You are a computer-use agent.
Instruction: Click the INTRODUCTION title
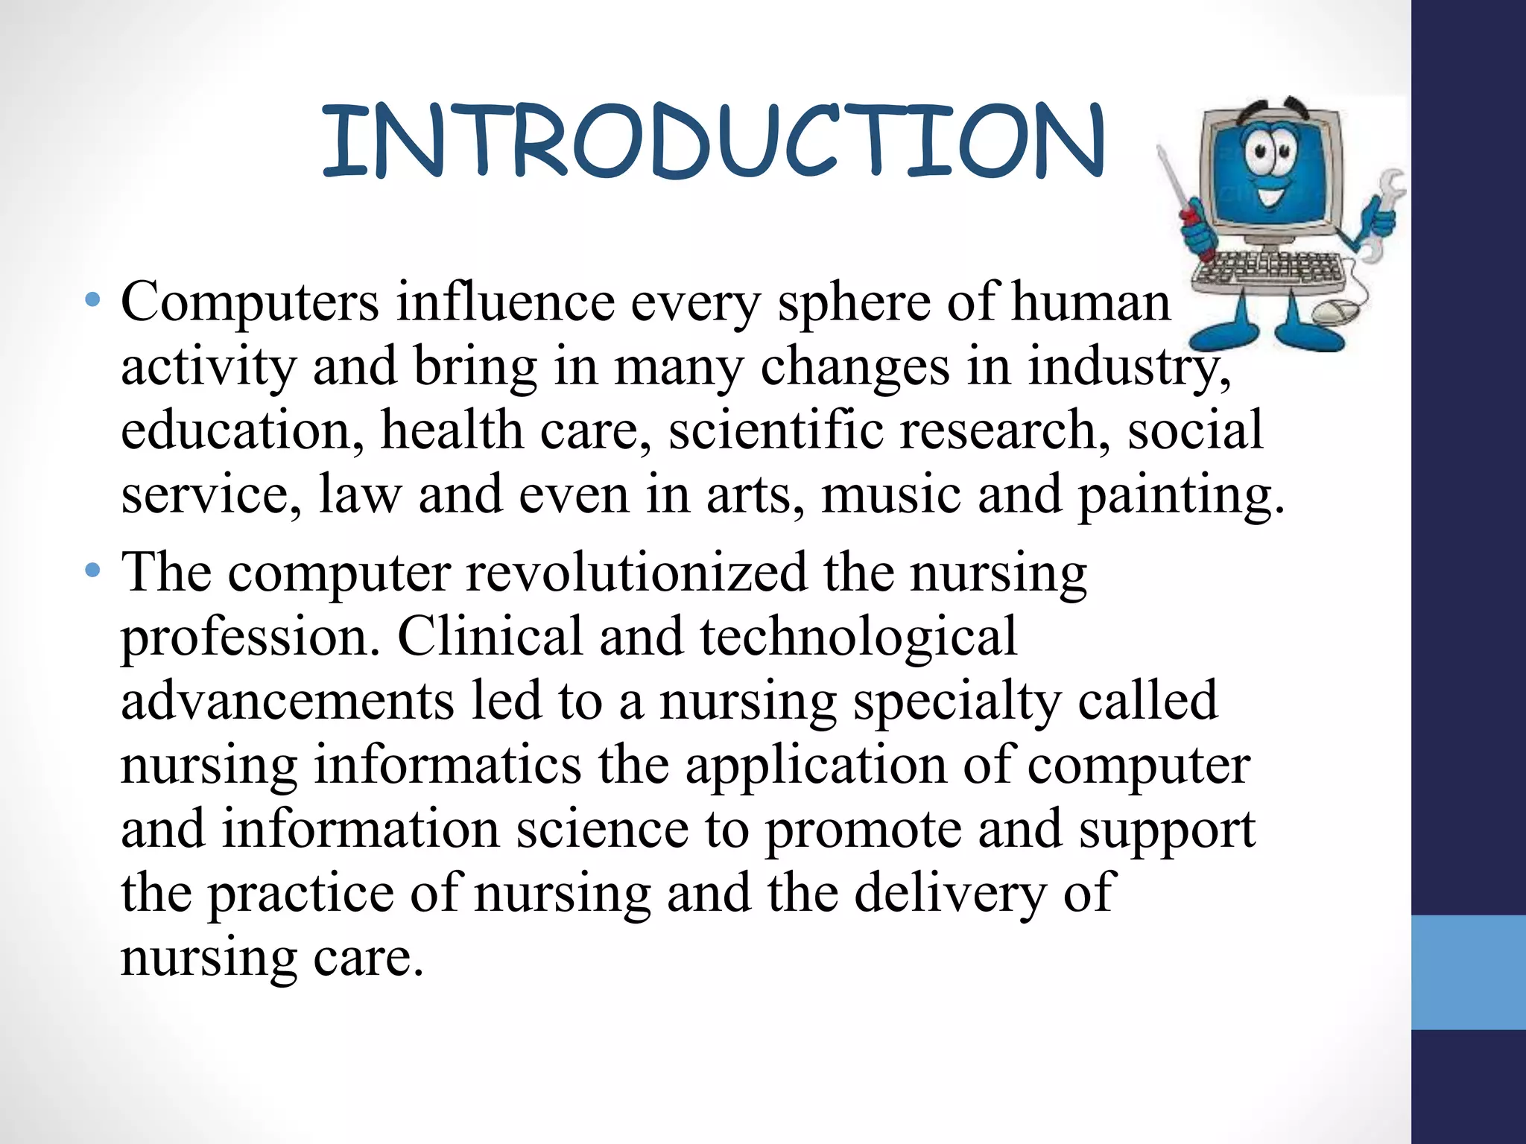point(712,142)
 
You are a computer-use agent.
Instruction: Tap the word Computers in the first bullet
point(250,302)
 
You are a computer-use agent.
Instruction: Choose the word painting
point(1180,496)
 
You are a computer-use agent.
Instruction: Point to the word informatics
point(447,766)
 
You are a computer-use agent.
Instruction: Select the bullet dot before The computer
point(92,571)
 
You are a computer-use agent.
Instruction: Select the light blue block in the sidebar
point(1468,972)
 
